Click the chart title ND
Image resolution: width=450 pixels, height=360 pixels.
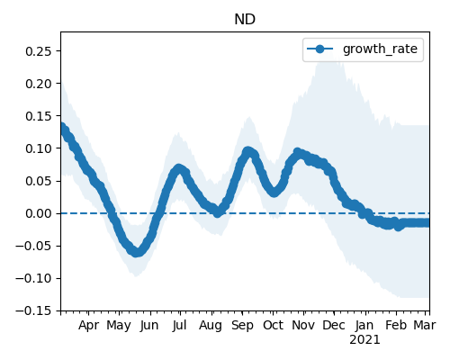click(x=245, y=20)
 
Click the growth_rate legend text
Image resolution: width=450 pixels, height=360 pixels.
click(x=380, y=49)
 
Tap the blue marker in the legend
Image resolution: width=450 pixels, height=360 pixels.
click(x=320, y=49)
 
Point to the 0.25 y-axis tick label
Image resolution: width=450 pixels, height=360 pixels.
click(x=39, y=51)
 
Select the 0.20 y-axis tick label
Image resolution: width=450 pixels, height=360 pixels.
click(x=39, y=84)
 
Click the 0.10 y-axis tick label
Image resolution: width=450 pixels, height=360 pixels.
click(x=39, y=148)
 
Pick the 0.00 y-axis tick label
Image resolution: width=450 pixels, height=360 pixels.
click(x=39, y=213)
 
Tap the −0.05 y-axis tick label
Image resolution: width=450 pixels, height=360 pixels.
click(x=34, y=246)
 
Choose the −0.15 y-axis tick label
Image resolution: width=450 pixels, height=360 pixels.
click(x=34, y=310)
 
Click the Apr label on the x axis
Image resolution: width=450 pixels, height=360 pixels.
click(x=88, y=325)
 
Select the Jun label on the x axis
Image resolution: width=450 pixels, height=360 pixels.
click(x=149, y=325)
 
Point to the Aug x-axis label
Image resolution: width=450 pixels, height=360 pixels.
click(x=211, y=325)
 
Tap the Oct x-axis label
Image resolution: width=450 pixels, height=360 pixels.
click(x=273, y=325)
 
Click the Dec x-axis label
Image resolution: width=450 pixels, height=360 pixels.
click(x=334, y=325)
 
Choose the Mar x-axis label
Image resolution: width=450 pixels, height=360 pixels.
click(x=425, y=325)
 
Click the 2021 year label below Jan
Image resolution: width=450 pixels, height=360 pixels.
click(x=364, y=340)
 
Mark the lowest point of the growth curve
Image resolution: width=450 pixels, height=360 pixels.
click(x=136, y=252)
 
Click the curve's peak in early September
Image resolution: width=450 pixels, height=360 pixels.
click(x=247, y=151)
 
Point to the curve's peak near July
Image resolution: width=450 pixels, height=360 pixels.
click(x=179, y=169)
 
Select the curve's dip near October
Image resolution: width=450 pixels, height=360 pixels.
click(x=274, y=192)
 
